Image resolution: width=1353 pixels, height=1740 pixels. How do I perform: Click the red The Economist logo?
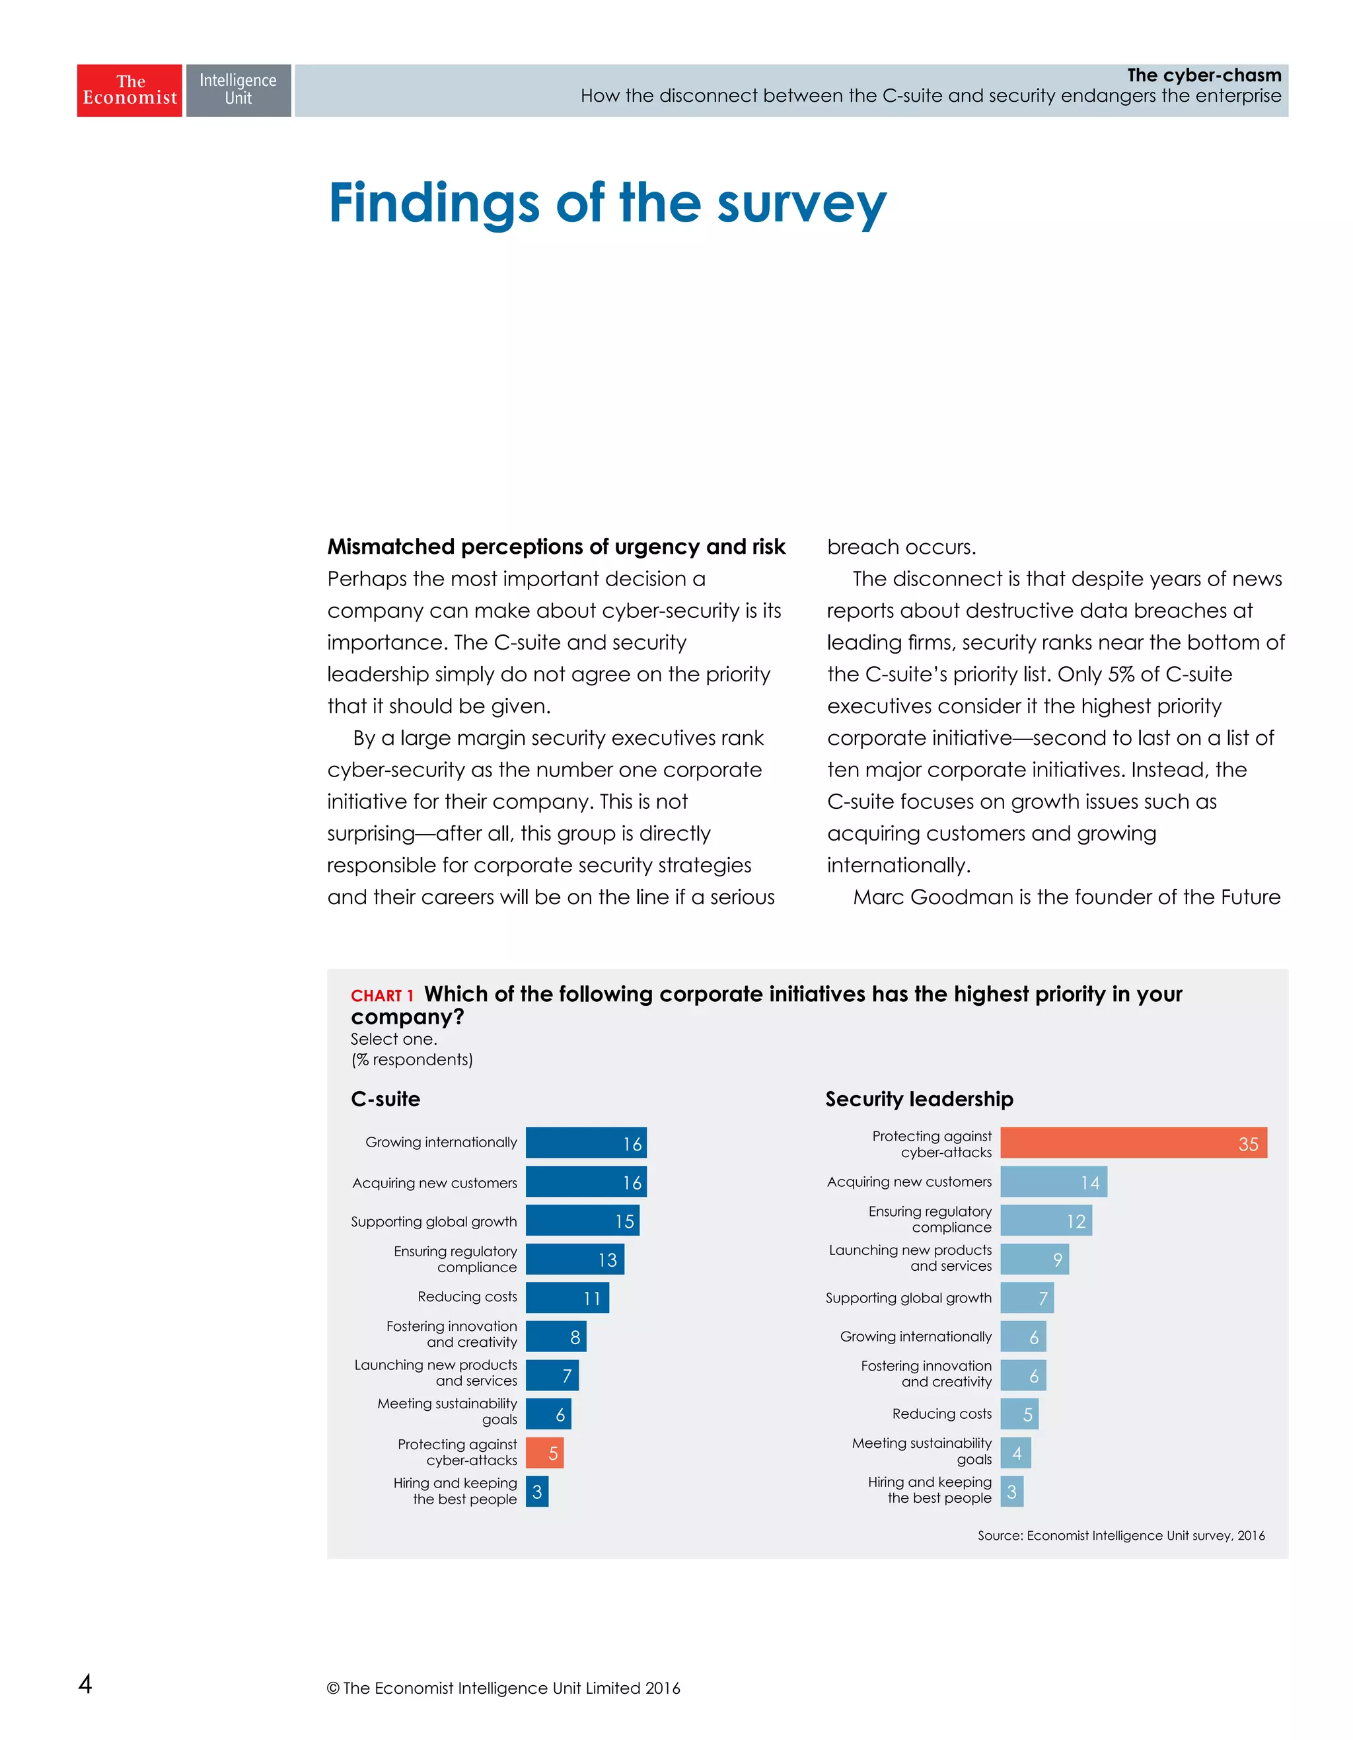coord(129,90)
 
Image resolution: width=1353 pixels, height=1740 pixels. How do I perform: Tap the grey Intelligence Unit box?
coord(238,90)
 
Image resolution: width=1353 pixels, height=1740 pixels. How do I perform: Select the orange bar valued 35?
coord(1132,1143)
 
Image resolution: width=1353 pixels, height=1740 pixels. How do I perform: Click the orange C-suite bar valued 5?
coord(545,1453)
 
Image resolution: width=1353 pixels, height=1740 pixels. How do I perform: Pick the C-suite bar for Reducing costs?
coord(567,1298)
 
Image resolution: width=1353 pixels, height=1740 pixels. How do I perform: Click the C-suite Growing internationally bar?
coord(585,1143)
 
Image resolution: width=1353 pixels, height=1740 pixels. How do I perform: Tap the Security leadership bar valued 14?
coord(1053,1182)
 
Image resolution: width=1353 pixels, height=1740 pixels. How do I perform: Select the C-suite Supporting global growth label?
coord(433,1221)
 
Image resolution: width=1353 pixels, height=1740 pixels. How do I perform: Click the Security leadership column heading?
coord(919,1099)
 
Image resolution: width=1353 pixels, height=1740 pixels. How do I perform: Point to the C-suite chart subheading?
coord(385,1099)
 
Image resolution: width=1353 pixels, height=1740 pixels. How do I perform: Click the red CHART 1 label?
coord(383,996)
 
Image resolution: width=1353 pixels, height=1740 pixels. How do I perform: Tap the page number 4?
coord(85,1683)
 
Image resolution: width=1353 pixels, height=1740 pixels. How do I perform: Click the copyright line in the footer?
coord(503,1687)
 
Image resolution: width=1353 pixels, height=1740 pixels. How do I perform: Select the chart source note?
coord(1120,1535)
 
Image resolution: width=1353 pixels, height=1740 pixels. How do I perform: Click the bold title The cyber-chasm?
coord(1203,75)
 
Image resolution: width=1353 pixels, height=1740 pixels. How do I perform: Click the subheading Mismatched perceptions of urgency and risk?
coord(556,547)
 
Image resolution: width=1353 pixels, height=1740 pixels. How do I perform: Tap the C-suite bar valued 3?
coord(536,1492)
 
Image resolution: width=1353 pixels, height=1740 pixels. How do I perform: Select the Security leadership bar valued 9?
coord(1034,1259)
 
